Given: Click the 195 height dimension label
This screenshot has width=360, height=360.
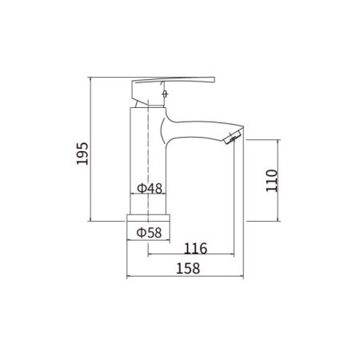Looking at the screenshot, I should [x=81, y=149].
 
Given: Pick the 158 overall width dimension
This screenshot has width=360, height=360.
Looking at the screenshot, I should [x=186, y=269].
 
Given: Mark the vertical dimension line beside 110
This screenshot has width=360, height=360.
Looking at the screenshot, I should [x=279, y=180].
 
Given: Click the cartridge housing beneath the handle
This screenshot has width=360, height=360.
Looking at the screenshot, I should [x=146, y=99].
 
